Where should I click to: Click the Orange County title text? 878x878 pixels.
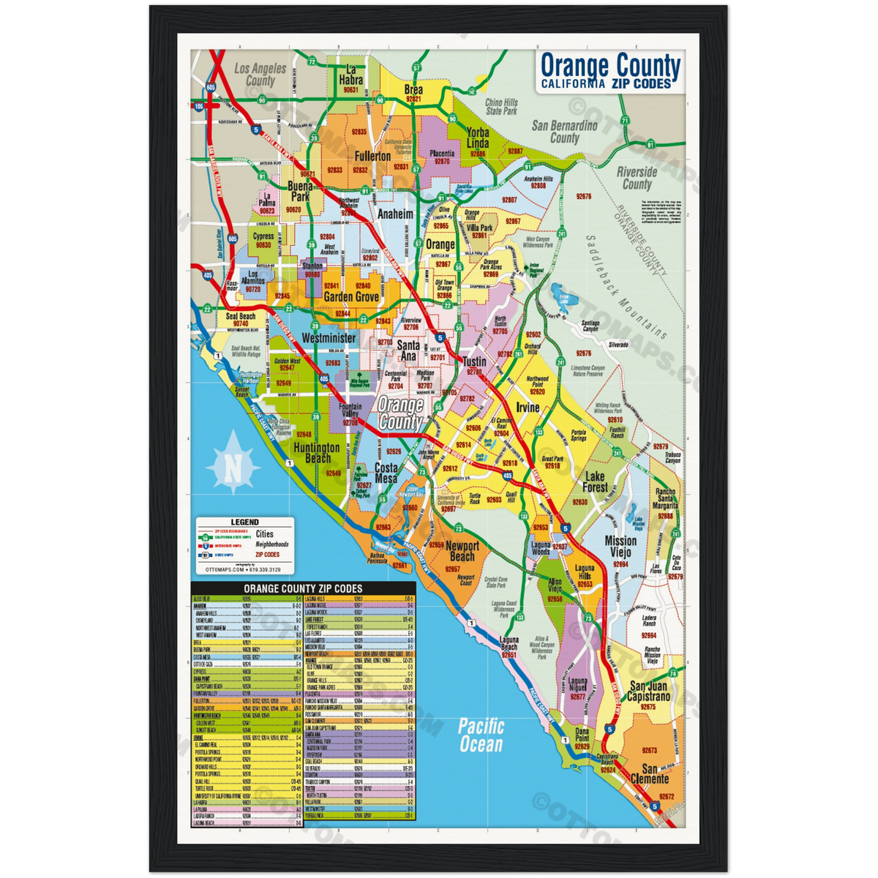click(x=609, y=66)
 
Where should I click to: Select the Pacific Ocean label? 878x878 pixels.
click(x=481, y=735)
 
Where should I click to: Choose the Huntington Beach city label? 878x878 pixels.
click(x=317, y=453)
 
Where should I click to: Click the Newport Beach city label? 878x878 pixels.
click(x=462, y=552)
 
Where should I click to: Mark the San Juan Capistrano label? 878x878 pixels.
click(x=649, y=691)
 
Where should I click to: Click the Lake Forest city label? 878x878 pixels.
click(x=595, y=481)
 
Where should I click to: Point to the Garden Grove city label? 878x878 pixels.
click(x=351, y=297)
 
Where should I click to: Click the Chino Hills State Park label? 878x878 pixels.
click(x=501, y=108)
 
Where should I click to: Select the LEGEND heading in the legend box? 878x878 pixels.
click(x=244, y=522)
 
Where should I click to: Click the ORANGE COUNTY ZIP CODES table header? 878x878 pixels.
click(x=303, y=588)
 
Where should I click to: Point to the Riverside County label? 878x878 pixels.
click(x=637, y=178)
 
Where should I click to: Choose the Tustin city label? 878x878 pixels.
click(x=474, y=362)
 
